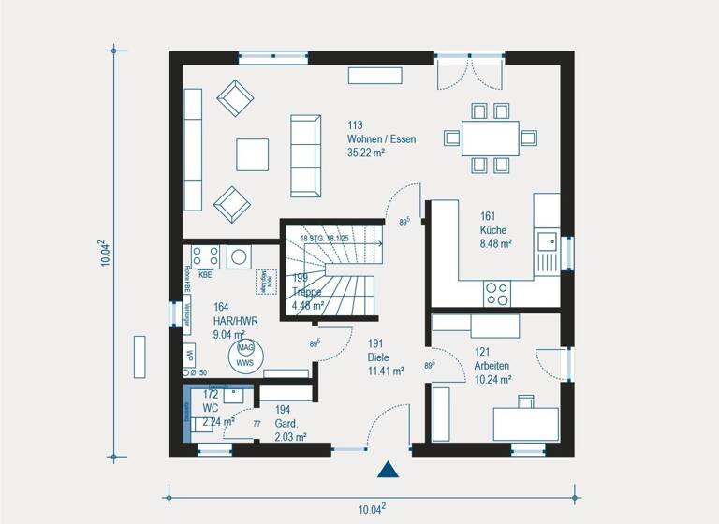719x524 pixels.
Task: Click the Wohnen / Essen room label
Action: click(381, 138)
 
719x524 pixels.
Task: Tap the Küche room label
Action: click(496, 228)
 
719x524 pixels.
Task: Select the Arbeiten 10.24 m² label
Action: click(492, 372)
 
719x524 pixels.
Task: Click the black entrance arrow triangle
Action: click(387, 471)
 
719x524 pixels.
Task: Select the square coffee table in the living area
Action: click(252, 154)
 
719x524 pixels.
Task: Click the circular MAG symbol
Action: click(244, 348)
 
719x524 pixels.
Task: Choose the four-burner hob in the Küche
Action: click(496, 294)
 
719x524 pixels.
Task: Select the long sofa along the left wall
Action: click(193, 151)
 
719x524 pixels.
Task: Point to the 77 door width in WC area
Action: click(256, 424)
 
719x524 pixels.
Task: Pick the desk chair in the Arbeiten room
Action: click(525, 402)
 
